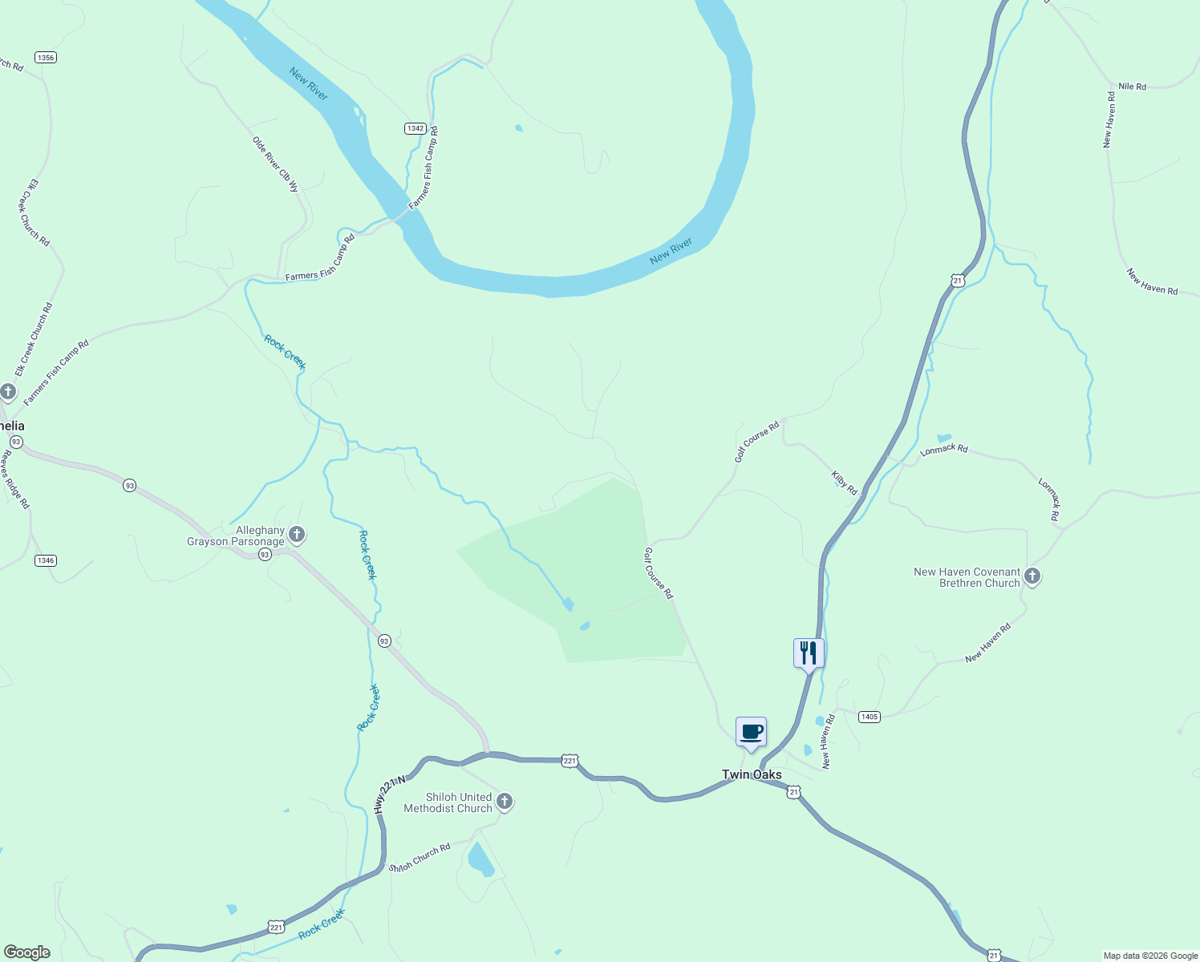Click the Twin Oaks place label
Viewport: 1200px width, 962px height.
click(752, 774)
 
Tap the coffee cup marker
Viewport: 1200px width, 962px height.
click(751, 732)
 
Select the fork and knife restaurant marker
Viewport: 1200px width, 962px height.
click(809, 653)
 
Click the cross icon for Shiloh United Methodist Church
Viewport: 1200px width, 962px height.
click(505, 801)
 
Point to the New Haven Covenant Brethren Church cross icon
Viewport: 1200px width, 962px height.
click(1032, 576)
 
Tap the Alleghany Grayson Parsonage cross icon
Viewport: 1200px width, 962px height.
click(297, 534)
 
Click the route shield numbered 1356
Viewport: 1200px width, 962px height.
click(46, 58)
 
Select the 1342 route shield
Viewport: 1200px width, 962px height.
click(415, 128)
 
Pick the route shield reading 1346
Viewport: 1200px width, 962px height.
click(46, 560)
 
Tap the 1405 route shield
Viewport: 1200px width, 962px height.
click(870, 717)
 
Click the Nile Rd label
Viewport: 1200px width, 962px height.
click(1132, 87)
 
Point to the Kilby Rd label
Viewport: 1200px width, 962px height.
click(845, 483)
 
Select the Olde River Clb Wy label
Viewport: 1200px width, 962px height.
click(276, 164)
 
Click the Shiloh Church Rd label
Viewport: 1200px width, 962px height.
click(420, 857)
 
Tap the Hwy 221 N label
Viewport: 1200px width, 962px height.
click(390, 794)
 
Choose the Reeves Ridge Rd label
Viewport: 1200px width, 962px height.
click(14, 479)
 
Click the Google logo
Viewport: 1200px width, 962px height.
click(27, 952)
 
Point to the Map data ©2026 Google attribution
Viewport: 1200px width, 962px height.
click(1150, 956)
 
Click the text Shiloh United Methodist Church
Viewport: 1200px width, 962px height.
click(448, 802)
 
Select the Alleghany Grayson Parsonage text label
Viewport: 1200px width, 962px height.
click(236, 536)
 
